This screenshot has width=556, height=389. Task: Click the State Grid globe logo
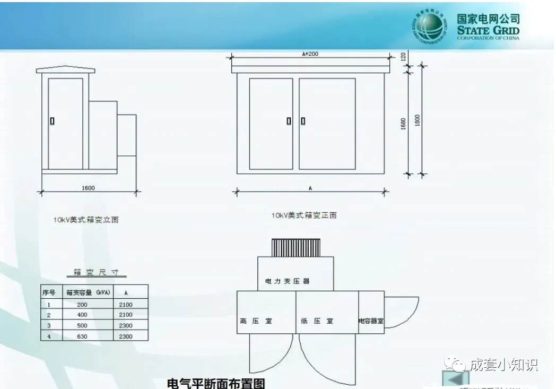point(429,27)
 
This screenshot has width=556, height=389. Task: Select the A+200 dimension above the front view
point(310,54)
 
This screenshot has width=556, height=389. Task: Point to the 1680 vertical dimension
point(404,124)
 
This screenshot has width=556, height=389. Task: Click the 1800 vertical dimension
point(418,120)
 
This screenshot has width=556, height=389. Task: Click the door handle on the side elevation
point(52,121)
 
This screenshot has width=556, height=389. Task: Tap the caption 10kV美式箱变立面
point(86,220)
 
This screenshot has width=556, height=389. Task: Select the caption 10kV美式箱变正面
point(304,215)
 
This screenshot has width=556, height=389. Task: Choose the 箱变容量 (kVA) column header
point(88,292)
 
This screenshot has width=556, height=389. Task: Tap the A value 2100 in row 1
point(126,305)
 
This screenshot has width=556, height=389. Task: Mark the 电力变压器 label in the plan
point(287,281)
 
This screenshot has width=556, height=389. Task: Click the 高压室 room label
point(253,321)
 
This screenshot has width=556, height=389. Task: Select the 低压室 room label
point(317,321)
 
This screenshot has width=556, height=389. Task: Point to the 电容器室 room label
point(371,322)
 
